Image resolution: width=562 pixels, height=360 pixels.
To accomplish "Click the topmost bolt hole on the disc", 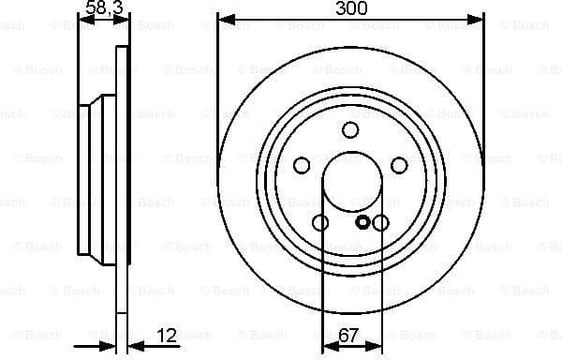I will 350,130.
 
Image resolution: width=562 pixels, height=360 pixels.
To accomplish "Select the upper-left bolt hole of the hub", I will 302,166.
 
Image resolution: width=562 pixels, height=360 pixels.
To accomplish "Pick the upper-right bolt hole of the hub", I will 399,166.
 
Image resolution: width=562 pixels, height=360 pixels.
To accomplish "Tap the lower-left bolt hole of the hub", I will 320,223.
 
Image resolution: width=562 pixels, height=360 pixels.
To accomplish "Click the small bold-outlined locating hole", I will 363,223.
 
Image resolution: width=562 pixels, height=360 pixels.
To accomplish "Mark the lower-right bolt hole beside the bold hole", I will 380,223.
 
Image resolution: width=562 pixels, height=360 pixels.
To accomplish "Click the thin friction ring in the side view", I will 120,281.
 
